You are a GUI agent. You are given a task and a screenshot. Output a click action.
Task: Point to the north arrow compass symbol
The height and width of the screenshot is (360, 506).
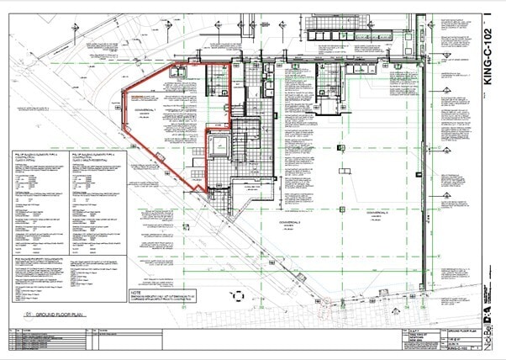(238, 296)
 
